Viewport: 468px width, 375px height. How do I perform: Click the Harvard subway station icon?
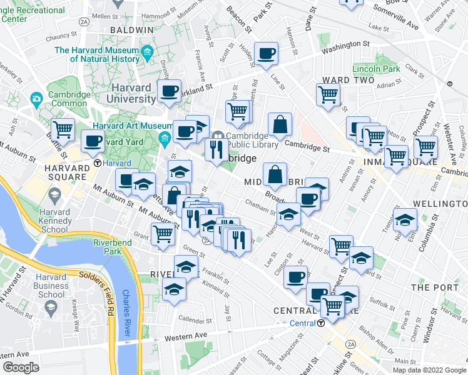tap(98, 163)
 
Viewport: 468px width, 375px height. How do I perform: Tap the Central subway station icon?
tap(320, 323)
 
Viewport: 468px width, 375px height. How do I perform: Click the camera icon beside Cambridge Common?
tap(36, 99)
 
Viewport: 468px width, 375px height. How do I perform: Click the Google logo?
tap(21, 367)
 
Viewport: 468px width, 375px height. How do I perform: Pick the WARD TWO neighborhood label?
tap(348, 80)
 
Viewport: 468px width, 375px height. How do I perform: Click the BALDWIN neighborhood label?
tap(131, 29)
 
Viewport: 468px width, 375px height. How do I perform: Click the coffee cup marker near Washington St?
tap(267, 54)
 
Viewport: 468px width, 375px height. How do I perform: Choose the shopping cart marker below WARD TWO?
tap(328, 95)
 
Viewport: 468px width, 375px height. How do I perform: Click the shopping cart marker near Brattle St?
tap(63, 130)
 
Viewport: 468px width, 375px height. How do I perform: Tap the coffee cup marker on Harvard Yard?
tap(93, 142)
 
